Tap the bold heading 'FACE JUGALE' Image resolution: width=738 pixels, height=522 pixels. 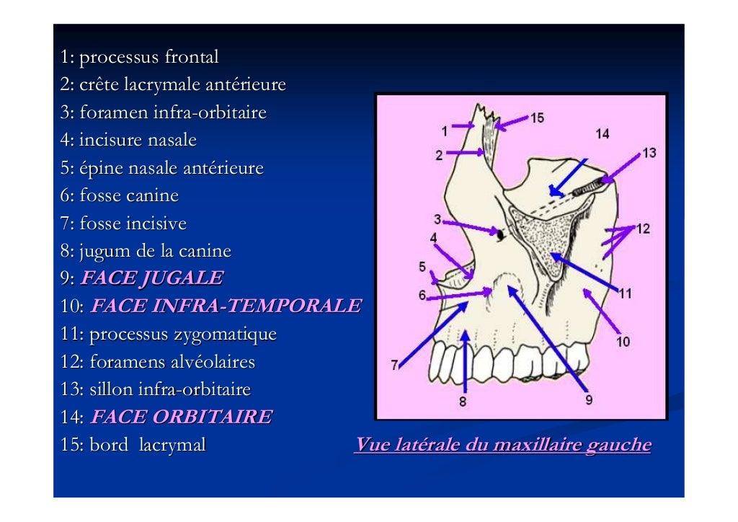click(151, 278)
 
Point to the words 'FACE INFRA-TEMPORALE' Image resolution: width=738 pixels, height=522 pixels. click(226, 306)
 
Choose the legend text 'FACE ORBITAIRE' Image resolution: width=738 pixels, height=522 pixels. click(182, 417)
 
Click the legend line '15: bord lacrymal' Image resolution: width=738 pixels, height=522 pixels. click(133, 446)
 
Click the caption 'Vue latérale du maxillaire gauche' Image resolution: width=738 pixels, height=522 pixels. click(502, 446)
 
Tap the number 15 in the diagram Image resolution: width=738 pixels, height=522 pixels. click(537, 118)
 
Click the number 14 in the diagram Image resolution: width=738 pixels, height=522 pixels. click(603, 133)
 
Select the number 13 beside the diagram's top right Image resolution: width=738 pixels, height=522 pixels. click(649, 153)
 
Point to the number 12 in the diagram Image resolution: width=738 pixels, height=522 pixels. click(643, 229)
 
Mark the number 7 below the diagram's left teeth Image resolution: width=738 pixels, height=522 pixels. click(394, 366)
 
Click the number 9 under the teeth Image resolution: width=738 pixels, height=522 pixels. click(589, 398)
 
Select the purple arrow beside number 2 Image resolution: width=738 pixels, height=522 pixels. click(465, 153)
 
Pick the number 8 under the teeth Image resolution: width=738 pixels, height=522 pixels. click(463, 402)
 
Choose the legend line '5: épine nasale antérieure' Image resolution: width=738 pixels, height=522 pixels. click(162, 169)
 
